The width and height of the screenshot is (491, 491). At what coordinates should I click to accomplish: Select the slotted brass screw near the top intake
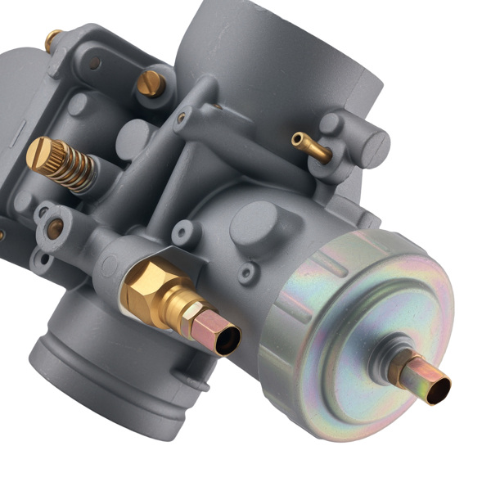tap(151, 82)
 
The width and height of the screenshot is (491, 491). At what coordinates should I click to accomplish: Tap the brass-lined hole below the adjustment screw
tap(55, 230)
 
